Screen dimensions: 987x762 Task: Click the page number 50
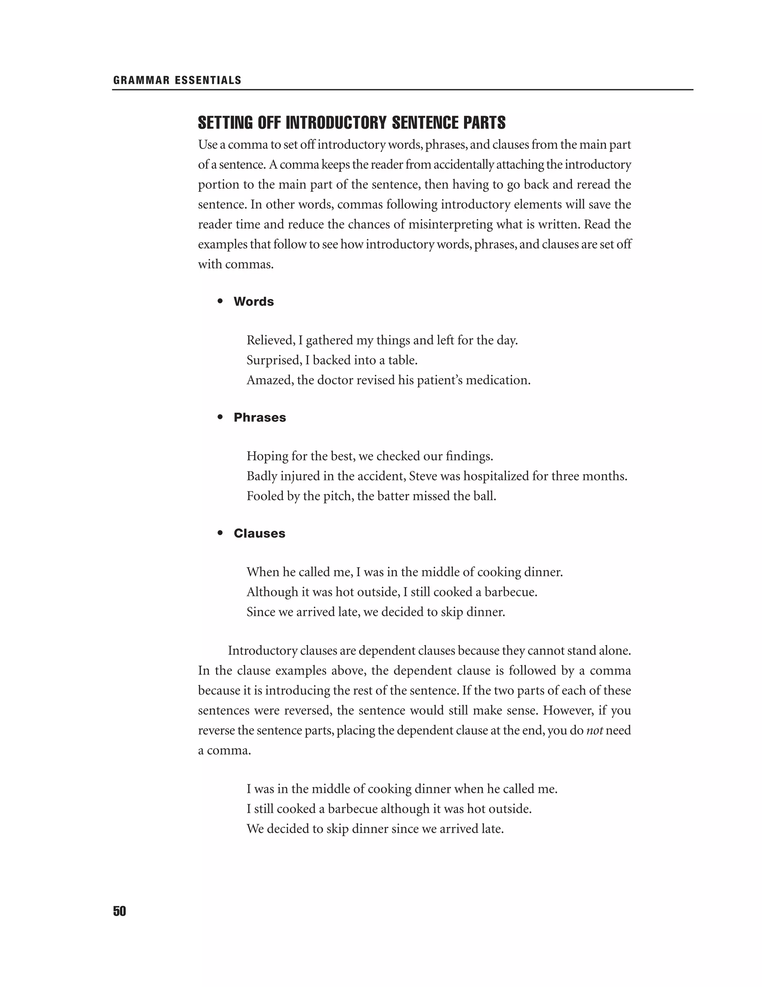click(120, 911)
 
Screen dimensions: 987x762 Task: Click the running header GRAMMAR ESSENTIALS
click(177, 80)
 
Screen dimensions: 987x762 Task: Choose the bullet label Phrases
click(260, 417)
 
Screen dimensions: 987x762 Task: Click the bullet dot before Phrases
click(220, 417)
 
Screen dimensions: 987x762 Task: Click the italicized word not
click(595, 730)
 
